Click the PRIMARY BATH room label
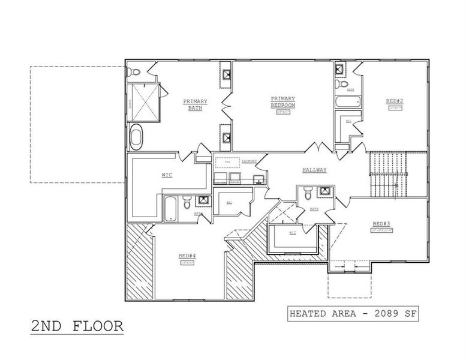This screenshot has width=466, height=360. (195, 105)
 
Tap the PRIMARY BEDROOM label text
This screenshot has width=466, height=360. (282, 101)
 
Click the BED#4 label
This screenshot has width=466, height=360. (185, 256)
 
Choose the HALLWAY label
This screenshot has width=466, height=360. (314, 170)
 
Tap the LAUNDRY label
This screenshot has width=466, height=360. (249, 161)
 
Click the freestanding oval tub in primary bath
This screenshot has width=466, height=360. (137, 137)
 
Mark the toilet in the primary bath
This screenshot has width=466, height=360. (134, 73)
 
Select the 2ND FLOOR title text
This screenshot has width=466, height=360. (77, 326)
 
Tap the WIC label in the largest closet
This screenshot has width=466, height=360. (167, 175)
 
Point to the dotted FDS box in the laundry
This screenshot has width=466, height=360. (227, 162)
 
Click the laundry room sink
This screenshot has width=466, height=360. (258, 179)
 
